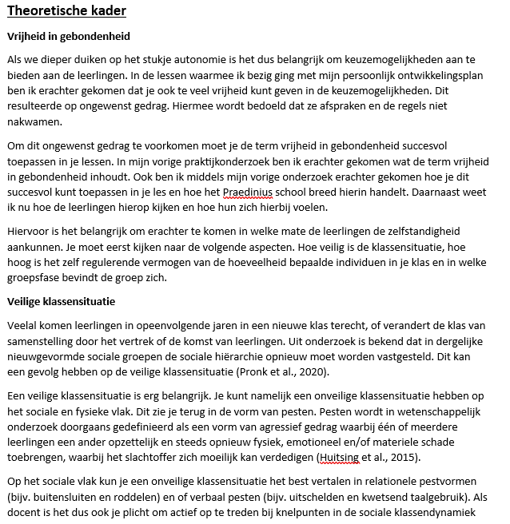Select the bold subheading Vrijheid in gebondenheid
(68, 37)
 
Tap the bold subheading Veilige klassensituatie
(62, 302)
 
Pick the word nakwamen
(33, 123)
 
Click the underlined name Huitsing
(341, 457)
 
